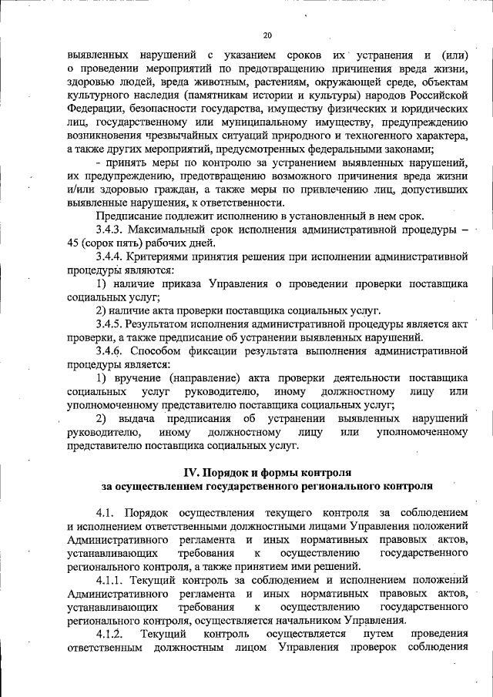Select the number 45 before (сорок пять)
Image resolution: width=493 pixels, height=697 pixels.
[x=75, y=243]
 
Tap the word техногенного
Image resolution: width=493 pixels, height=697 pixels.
[x=383, y=135]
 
